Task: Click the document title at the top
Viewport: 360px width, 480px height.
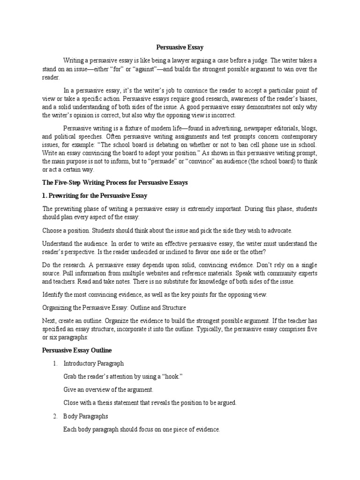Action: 180,47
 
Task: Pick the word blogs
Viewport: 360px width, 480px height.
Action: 307,128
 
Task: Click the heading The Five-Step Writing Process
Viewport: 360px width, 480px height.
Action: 115,183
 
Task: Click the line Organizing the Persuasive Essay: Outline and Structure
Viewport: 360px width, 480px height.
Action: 114,308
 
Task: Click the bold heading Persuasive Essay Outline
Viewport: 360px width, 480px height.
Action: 77,350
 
